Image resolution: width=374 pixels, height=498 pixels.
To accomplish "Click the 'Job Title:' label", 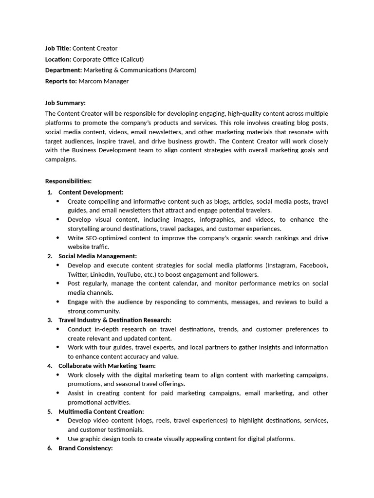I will click(58, 48).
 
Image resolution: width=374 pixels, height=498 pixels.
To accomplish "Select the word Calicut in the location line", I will click(131, 59).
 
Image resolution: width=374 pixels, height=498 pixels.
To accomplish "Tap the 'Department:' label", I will click(64, 70).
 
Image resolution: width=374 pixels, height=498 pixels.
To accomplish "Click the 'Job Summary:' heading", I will click(65, 103).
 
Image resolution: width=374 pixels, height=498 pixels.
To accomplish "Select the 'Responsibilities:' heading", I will click(68, 181).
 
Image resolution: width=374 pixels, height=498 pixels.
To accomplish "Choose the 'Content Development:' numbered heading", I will click(91, 192).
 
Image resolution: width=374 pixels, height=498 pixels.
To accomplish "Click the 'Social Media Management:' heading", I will click(97, 256).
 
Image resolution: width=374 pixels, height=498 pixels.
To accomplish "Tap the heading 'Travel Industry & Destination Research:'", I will click(114, 320).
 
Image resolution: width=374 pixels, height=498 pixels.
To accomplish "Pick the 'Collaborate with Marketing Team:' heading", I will click(107, 366).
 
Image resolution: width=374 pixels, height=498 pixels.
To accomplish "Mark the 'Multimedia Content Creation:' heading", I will click(101, 411).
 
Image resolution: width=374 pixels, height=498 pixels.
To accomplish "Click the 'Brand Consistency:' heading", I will click(85, 448).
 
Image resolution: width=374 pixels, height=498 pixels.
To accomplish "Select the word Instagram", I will click(281, 265).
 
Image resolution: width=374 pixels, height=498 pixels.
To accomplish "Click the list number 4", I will click(50, 366).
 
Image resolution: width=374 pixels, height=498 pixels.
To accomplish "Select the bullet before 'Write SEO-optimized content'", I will click(58, 238).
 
